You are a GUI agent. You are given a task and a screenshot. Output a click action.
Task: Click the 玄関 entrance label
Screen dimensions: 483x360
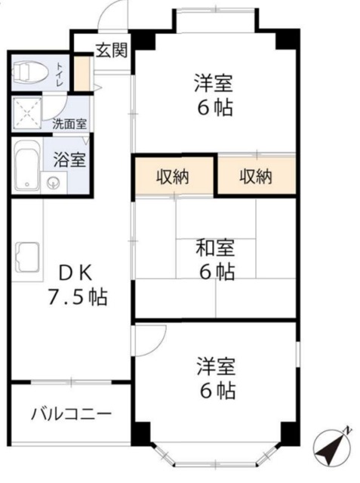point(110,51)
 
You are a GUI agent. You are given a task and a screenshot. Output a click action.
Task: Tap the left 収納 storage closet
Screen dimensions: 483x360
point(174,177)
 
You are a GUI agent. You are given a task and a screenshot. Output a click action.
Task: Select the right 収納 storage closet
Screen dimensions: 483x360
point(256,177)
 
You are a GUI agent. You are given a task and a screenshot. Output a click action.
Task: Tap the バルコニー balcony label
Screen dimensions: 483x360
point(72,414)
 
